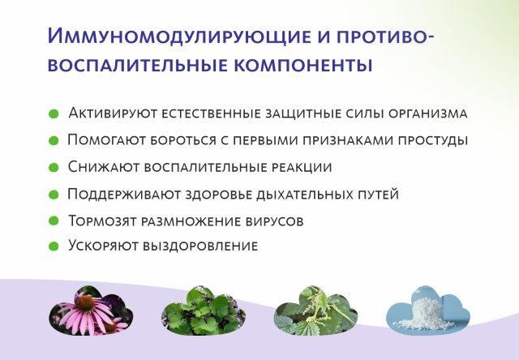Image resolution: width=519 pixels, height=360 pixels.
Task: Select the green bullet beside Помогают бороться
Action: (x=54, y=140)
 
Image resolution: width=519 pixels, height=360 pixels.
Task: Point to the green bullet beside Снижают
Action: (x=54, y=167)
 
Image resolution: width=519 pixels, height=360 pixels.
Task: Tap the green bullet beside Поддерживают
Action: (x=54, y=195)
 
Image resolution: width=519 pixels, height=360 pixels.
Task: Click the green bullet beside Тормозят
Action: (x=54, y=221)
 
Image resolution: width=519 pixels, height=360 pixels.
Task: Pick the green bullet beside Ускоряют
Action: (x=54, y=246)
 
